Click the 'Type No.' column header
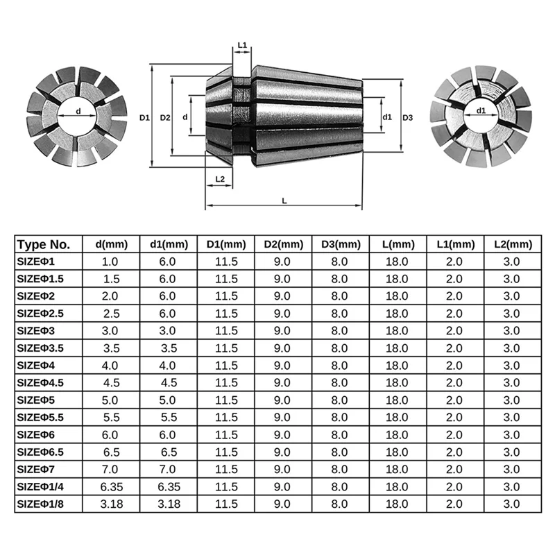coord(43,244)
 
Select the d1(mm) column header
coord(169,244)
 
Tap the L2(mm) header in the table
coord(512,244)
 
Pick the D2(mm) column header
coord(283,244)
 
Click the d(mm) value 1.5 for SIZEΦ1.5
coord(111,279)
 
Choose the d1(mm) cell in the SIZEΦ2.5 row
coord(169,314)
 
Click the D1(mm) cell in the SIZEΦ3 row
coord(226,331)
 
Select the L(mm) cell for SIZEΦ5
coord(398,400)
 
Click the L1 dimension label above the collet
coord(242,45)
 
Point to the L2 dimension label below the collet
coord(220,179)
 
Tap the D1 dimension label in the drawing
coord(144,118)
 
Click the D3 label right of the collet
coord(408,118)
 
